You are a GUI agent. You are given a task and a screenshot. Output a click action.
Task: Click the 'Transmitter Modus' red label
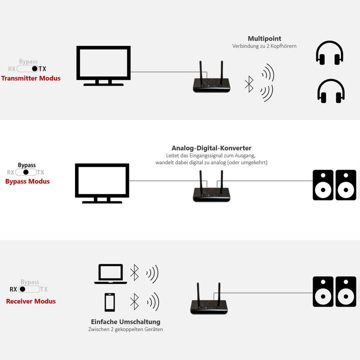click(x=30, y=78)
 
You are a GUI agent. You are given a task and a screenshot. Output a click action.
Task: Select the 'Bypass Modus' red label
click(x=27, y=181)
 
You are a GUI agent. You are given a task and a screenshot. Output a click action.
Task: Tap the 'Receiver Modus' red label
click(x=30, y=301)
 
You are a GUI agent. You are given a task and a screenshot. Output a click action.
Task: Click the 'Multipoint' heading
click(x=264, y=38)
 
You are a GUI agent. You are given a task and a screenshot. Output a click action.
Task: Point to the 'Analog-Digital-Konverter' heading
click(x=211, y=148)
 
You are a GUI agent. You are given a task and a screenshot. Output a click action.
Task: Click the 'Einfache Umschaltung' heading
click(x=125, y=321)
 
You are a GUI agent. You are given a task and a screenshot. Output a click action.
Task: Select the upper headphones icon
click(x=329, y=53)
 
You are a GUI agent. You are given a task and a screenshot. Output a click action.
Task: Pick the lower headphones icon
click(x=330, y=91)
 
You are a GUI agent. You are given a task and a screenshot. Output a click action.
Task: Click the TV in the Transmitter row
click(x=103, y=65)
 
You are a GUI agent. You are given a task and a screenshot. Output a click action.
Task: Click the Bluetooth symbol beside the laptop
click(x=134, y=273)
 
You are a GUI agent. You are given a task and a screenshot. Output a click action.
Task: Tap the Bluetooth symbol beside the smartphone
click(x=134, y=301)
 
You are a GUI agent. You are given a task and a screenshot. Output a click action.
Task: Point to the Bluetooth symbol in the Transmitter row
click(x=249, y=83)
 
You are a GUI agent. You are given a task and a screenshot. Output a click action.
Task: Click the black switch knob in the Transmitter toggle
click(x=34, y=69)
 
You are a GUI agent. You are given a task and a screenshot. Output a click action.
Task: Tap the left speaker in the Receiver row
click(x=323, y=291)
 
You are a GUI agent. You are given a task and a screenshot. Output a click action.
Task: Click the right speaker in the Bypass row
click(x=346, y=185)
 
